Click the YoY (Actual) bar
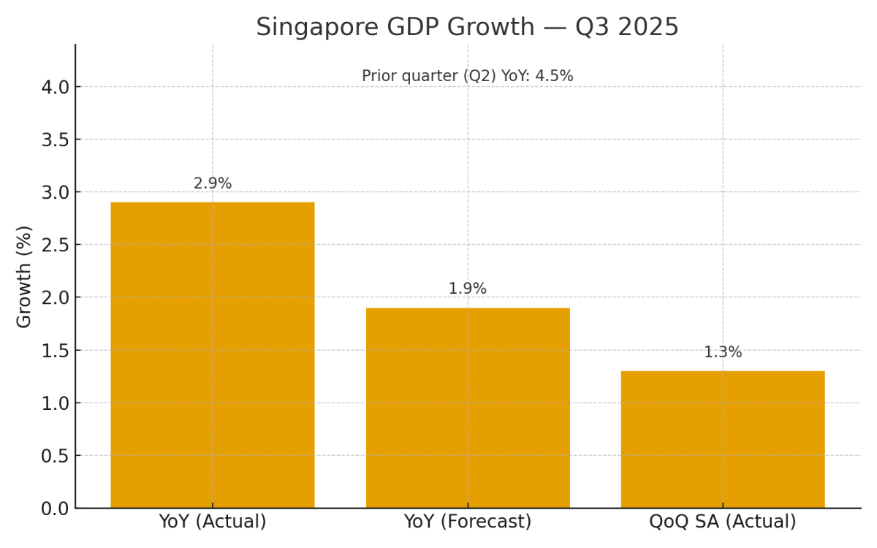pos(212,355)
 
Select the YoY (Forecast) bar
pos(468,408)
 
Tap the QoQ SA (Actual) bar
pos(723,439)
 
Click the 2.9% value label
pos(213,184)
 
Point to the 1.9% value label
pos(468,289)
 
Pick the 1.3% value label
pos(723,353)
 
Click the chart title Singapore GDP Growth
pos(395,28)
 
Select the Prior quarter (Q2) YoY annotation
pos(468,77)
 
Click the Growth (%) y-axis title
pos(25,276)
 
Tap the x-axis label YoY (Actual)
pos(213,522)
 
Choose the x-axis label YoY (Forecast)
pos(468,522)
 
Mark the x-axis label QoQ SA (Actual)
pos(723,522)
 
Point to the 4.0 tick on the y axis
pos(55,87)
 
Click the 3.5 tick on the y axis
pos(55,140)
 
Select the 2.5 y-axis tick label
pos(55,245)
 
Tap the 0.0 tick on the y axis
pos(55,509)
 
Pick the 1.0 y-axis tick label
pos(55,403)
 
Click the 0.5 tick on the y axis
pos(55,456)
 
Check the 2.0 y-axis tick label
pos(55,297)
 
